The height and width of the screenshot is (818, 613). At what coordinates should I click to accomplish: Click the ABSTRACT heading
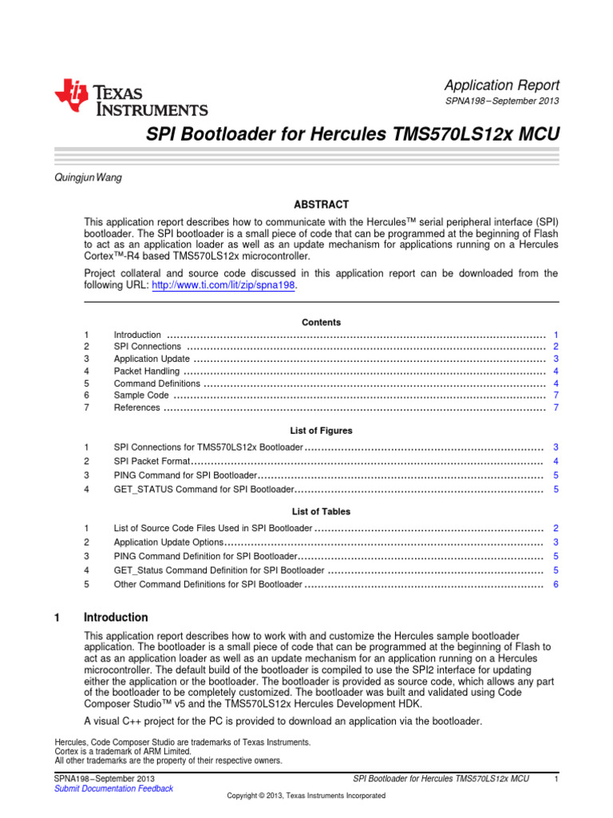click(x=322, y=204)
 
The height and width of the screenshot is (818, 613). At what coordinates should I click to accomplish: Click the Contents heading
click(x=321, y=323)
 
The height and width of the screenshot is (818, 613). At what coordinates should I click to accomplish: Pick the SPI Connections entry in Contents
click(x=148, y=347)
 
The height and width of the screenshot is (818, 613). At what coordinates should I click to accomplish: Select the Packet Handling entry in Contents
click(x=147, y=371)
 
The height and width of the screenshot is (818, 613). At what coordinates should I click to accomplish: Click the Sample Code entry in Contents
click(x=141, y=395)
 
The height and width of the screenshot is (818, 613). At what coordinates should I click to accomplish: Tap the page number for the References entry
click(x=555, y=408)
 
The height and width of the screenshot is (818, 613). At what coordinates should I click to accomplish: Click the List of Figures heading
click(x=321, y=431)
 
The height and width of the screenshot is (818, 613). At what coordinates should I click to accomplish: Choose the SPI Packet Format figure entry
click(x=152, y=462)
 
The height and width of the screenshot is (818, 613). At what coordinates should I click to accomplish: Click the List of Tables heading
click(x=321, y=511)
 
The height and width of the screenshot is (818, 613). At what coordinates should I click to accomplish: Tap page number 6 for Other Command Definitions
click(x=555, y=585)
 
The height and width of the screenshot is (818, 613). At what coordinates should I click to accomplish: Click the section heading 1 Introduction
click(x=116, y=617)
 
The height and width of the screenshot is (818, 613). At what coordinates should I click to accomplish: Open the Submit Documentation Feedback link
click(x=113, y=788)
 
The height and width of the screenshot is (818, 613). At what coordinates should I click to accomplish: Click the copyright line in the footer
click(x=306, y=796)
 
